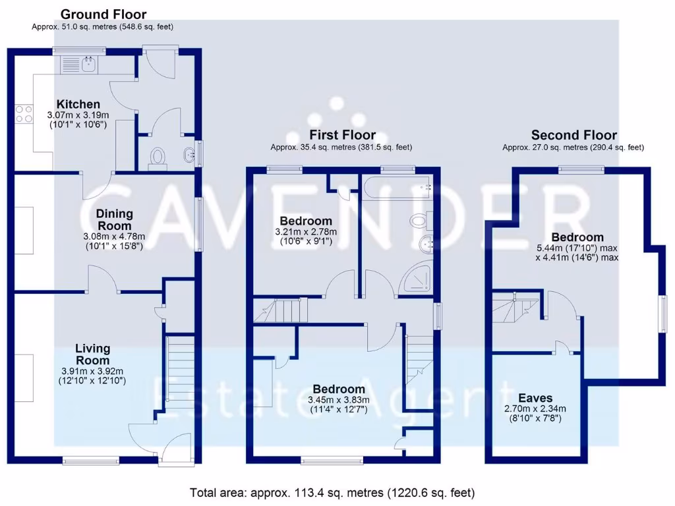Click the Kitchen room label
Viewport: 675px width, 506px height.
pos(78,104)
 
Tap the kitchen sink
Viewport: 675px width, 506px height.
pos(87,64)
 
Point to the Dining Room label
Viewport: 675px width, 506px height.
pos(115,219)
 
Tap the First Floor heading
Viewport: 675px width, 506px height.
pos(341,135)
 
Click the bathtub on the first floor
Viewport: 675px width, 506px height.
pos(396,187)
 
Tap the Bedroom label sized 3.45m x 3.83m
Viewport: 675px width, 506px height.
pos(338,389)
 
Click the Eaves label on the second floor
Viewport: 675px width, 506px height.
pos(535,398)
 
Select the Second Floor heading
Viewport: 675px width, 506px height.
pos(573,135)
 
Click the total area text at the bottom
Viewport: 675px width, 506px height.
pos(332,492)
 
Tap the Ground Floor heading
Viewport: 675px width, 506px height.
pos(103,14)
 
